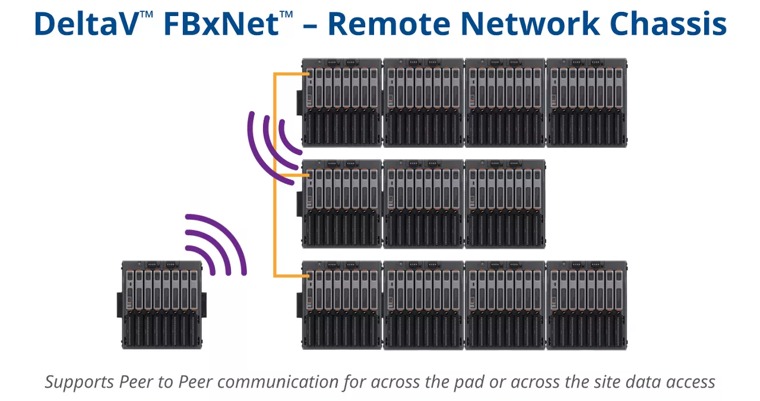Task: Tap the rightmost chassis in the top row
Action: [x=587, y=103]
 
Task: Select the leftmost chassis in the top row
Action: [x=341, y=103]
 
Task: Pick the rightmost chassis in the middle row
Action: [x=505, y=204]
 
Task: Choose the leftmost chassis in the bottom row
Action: [x=341, y=305]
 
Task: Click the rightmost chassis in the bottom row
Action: [x=587, y=305]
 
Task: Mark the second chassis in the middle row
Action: [x=423, y=204]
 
